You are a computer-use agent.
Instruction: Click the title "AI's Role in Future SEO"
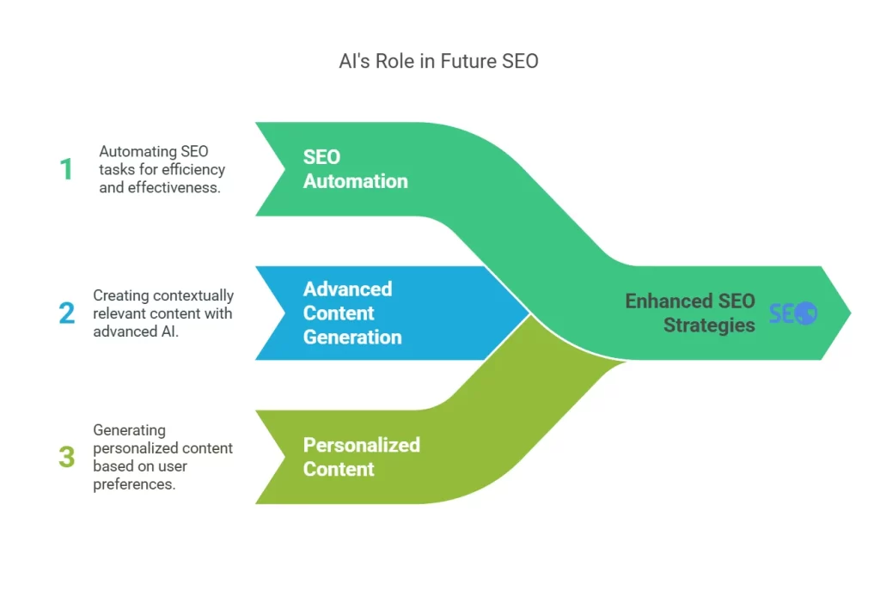(438, 62)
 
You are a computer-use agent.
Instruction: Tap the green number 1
(66, 169)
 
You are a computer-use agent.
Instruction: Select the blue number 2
(66, 313)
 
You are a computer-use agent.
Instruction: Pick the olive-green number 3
(66, 456)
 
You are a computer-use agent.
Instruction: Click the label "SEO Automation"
(355, 169)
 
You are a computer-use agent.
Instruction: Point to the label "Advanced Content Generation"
(352, 313)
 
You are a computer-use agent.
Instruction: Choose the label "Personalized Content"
(361, 457)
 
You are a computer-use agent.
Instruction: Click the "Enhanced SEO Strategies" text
(690, 313)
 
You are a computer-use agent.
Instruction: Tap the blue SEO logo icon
(793, 313)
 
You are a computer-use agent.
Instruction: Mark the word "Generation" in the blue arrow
(352, 337)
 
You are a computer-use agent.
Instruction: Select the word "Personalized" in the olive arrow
(361, 445)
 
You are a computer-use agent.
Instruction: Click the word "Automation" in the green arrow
(355, 181)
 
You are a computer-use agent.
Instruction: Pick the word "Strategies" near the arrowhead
(709, 325)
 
